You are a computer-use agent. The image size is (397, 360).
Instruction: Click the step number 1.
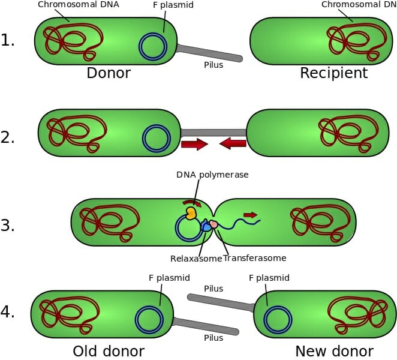8,40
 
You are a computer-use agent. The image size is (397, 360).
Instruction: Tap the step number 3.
8,225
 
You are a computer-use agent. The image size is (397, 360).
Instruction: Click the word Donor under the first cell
109,73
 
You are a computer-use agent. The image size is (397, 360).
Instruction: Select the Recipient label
333,73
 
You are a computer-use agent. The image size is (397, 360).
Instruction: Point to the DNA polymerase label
212,175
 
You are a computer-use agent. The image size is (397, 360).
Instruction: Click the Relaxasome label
196,259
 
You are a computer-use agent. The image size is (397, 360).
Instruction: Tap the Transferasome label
255,258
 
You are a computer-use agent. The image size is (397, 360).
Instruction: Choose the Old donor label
109,352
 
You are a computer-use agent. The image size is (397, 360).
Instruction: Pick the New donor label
334,352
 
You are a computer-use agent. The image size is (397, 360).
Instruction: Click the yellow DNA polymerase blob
191,213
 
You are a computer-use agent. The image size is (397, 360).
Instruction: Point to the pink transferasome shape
213,224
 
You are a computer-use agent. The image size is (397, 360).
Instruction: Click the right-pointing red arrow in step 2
194,144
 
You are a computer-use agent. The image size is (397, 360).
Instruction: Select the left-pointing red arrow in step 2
233,143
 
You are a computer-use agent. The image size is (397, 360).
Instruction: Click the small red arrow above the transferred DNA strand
251,215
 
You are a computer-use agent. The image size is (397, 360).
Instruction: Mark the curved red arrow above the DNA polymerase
193,202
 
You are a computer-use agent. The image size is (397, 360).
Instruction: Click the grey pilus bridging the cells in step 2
213,133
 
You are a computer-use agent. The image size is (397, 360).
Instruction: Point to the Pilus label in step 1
213,65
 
